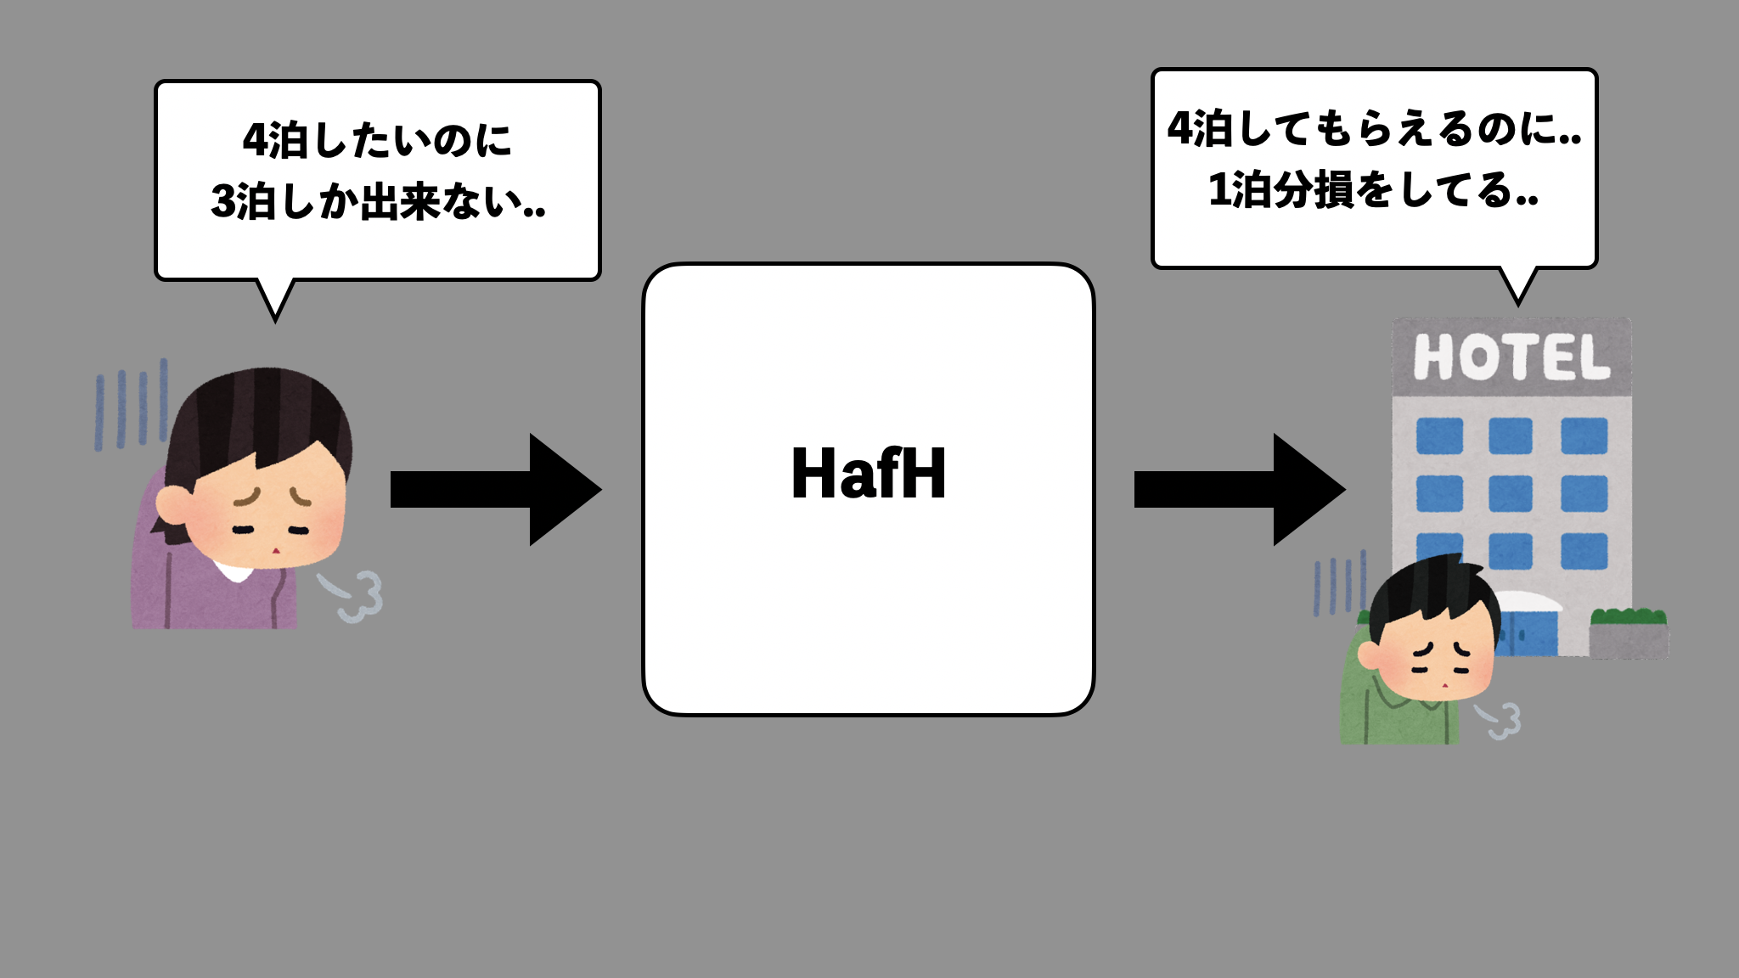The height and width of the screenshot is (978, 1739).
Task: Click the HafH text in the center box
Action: tap(868, 474)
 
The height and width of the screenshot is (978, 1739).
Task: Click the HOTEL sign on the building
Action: tap(1511, 357)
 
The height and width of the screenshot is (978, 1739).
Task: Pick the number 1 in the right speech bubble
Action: tap(1218, 190)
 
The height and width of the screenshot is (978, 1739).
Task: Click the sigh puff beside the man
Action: tap(1500, 720)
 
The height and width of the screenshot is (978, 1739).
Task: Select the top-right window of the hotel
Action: tap(1584, 436)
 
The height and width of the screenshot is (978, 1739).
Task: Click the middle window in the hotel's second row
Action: tap(1511, 494)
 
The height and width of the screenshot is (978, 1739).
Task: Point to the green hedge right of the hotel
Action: tap(1628, 617)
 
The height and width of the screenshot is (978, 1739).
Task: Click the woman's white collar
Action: tap(233, 570)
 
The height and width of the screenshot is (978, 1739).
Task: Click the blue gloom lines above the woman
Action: tap(131, 406)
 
